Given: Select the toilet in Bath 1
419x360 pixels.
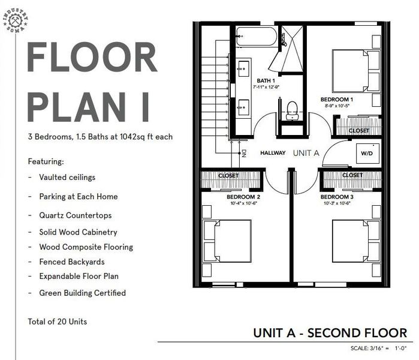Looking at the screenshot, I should pos(293,109).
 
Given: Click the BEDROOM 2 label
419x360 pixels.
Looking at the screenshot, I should pos(243,197).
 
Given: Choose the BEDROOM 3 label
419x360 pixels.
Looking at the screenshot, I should pos(336,197).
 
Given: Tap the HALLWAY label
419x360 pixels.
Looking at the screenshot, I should pos(273,153).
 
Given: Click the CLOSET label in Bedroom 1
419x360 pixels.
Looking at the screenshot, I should pos(358,130).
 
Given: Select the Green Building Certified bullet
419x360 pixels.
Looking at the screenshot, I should pos(82,293).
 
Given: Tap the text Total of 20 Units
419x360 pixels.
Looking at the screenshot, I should pos(57,322).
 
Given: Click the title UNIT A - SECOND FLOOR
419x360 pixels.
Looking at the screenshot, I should pos(330,333).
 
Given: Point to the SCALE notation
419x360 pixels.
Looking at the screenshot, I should pos(379,349).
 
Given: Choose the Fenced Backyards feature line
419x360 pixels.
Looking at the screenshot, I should pos(71,262).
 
